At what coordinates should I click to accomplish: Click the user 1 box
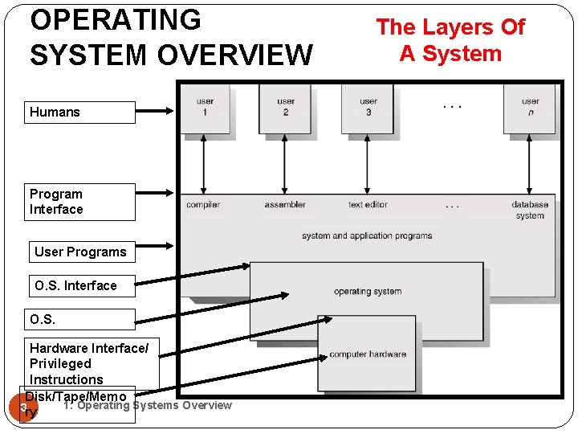[205, 108]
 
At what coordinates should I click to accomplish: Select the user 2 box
[285, 108]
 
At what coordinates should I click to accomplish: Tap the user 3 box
[368, 108]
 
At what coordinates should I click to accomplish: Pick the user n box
[530, 108]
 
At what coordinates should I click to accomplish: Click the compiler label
[203, 205]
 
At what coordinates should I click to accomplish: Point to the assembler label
[285, 205]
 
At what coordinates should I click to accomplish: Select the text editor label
[368, 205]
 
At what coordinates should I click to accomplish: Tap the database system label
[530, 210]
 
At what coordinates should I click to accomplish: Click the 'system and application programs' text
[367, 235]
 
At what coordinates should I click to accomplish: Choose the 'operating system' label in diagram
[368, 291]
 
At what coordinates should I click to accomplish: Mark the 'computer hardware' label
[368, 354]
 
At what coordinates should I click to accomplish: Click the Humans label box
[82, 113]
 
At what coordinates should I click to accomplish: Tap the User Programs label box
[80, 252]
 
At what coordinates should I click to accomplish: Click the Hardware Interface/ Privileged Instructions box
[90, 363]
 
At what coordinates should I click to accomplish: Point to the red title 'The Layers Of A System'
[450, 40]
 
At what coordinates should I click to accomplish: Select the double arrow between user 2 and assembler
[285, 164]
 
